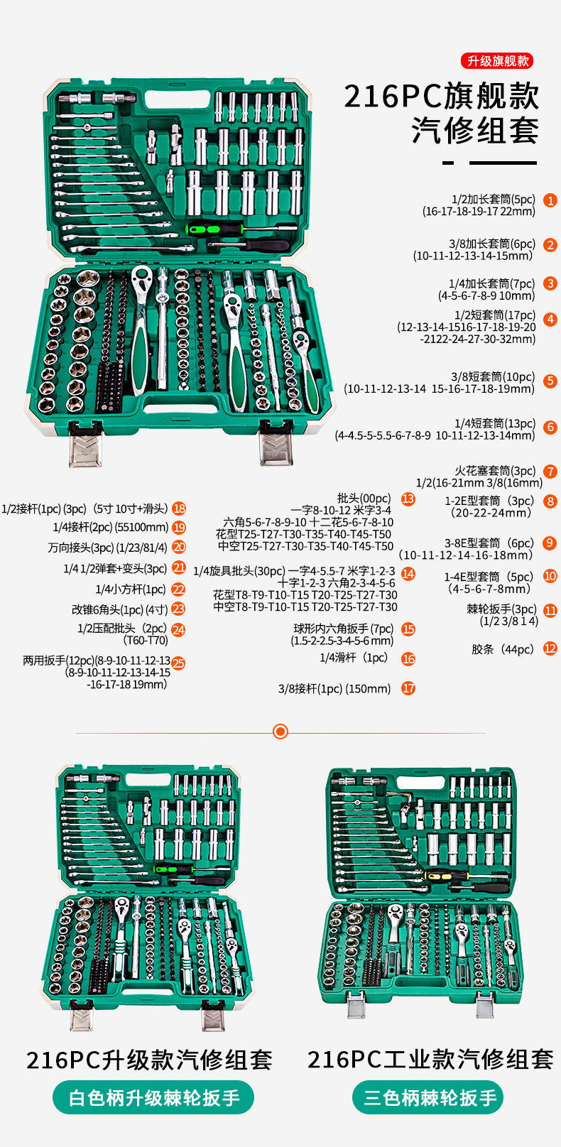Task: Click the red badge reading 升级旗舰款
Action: coord(498,61)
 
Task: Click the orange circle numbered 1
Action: coord(550,200)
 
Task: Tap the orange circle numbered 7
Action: coord(550,472)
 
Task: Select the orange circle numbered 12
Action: coord(550,648)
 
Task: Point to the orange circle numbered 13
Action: coord(408,499)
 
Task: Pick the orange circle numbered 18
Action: coord(179,509)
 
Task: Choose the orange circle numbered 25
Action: coord(178,663)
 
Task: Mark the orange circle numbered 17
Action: coord(408,687)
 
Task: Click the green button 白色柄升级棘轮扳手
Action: coord(153,1098)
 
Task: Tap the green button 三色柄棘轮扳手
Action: coord(428,1098)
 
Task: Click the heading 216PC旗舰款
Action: coord(441,97)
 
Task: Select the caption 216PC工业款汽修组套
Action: coord(430,1060)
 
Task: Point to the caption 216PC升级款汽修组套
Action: coord(149,1060)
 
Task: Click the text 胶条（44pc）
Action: coord(503,649)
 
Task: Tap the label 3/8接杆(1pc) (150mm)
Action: coord(334,688)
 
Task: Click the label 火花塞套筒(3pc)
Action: coord(495,471)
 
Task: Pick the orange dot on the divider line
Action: coord(280,732)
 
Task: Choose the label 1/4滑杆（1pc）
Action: coord(354,658)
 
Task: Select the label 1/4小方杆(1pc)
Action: coord(130,589)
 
